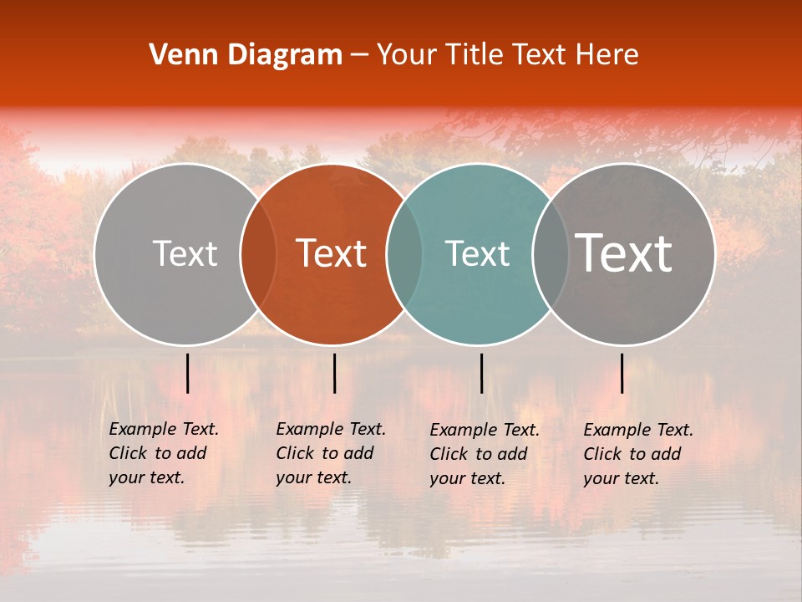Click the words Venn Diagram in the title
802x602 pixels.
[x=246, y=55]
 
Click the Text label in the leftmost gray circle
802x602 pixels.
[x=185, y=253]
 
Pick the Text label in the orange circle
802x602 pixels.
[x=332, y=253]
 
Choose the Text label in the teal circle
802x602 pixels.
[x=478, y=253]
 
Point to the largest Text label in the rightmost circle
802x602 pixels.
[x=624, y=253]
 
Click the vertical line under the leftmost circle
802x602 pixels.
[x=188, y=373]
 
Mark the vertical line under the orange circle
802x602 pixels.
[x=334, y=373]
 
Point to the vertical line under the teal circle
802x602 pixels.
[x=481, y=373]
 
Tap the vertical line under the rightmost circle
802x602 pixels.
[x=622, y=373]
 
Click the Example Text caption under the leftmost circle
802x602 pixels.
[x=163, y=453]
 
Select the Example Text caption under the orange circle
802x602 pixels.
[x=330, y=453]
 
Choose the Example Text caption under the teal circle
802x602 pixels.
[x=484, y=454]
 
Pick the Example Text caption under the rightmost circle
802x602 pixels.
[x=637, y=454]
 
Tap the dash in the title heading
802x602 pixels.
[x=359, y=55]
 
